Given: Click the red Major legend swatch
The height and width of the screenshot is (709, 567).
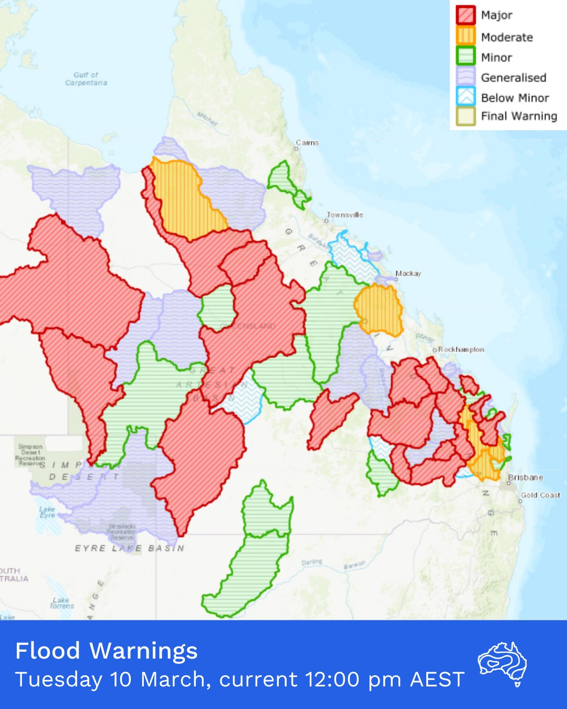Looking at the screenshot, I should pyautogui.click(x=465, y=15).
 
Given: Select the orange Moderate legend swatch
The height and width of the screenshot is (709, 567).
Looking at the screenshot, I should pyautogui.click(x=465, y=36).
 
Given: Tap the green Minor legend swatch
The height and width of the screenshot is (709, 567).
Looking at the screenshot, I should pyautogui.click(x=465, y=57).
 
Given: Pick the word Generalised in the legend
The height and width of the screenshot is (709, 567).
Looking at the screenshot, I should pyautogui.click(x=513, y=78).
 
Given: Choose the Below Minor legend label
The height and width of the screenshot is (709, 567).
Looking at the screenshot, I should pyautogui.click(x=514, y=98).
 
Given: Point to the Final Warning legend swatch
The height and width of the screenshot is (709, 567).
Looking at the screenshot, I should pyautogui.click(x=465, y=116).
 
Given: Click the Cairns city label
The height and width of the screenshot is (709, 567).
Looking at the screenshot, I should pyautogui.click(x=307, y=143).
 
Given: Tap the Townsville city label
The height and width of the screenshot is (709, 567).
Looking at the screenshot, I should pyautogui.click(x=344, y=215).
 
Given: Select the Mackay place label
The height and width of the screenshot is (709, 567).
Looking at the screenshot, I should pyautogui.click(x=408, y=274).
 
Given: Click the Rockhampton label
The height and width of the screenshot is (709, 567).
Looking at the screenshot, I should pyautogui.click(x=460, y=349).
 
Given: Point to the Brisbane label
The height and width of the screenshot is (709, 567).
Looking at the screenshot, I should pyautogui.click(x=525, y=477).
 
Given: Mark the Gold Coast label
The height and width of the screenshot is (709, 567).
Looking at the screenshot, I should pyautogui.click(x=540, y=495).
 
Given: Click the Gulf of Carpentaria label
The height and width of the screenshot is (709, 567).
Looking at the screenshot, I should pyautogui.click(x=86, y=79).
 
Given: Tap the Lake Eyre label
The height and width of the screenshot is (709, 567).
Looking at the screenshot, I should pyautogui.click(x=47, y=512).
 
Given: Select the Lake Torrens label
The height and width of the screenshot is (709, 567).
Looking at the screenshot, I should pyautogui.click(x=61, y=603).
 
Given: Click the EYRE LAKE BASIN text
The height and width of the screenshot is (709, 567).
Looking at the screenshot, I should pyautogui.click(x=129, y=548).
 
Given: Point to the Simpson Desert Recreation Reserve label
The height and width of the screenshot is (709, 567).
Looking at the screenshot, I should pyautogui.click(x=30, y=455).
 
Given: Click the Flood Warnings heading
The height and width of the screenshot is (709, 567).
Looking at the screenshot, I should pyautogui.click(x=107, y=651).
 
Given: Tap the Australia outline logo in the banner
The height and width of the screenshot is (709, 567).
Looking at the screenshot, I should pyautogui.click(x=502, y=663).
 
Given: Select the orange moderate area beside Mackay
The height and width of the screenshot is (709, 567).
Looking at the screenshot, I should pyautogui.click(x=379, y=310).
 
